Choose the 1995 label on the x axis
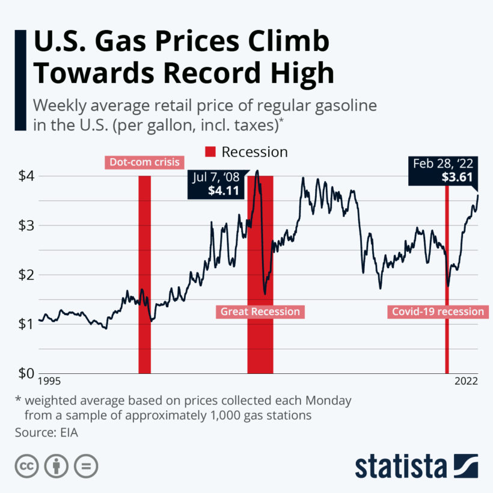(49, 381)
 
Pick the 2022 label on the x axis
(466, 381)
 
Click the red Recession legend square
(210, 152)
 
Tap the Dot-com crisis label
(144, 162)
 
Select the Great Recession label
(260, 311)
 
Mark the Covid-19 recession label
(438, 311)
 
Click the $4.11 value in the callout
(224, 191)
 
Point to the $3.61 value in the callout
(458, 177)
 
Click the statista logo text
(400, 467)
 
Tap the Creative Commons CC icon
(26, 467)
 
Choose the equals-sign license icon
(86, 467)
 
